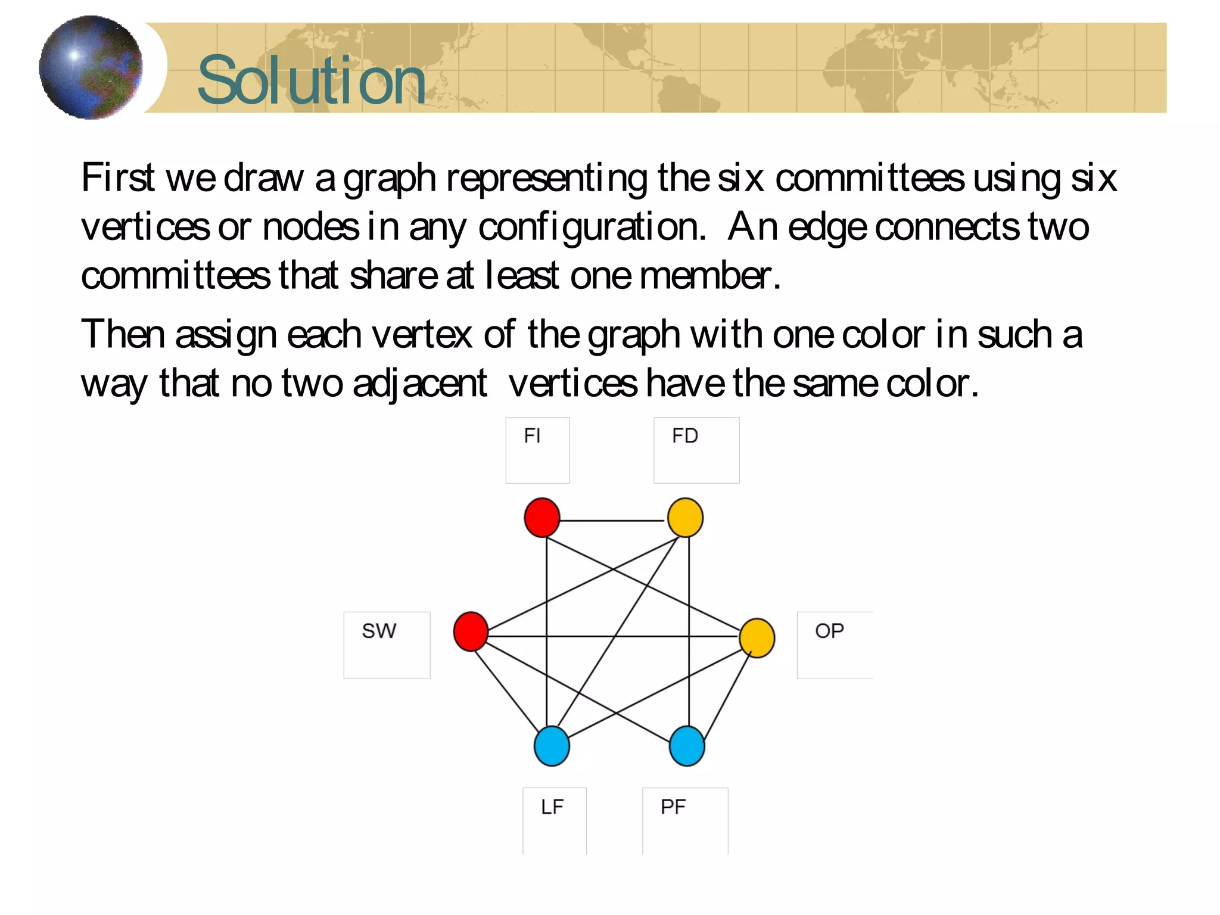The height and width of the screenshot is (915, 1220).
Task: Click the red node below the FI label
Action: [541, 517]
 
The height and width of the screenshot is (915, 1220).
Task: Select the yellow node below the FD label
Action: [685, 517]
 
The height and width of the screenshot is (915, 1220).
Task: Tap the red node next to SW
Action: [471, 631]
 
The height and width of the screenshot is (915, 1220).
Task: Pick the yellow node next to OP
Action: [757, 637]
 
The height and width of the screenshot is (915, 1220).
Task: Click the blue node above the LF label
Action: [552, 745]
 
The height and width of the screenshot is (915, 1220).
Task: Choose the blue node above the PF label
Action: [687, 745]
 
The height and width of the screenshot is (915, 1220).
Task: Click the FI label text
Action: [532, 436]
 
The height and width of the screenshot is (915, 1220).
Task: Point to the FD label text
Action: [684, 436]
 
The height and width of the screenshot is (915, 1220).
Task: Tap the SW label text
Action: [379, 631]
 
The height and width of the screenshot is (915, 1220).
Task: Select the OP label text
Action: [829, 631]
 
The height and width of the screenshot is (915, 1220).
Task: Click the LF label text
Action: [552, 807]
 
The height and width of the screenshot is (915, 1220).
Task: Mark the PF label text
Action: [673, 807]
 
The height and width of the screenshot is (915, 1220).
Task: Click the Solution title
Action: [311, 80]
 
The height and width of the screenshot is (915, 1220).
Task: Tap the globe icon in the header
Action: [91, 67]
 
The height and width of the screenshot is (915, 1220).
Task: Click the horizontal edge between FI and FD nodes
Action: [612, 520]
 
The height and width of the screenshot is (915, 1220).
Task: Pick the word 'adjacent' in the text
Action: [419, 383]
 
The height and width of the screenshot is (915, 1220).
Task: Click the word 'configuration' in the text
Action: [591, 228]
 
